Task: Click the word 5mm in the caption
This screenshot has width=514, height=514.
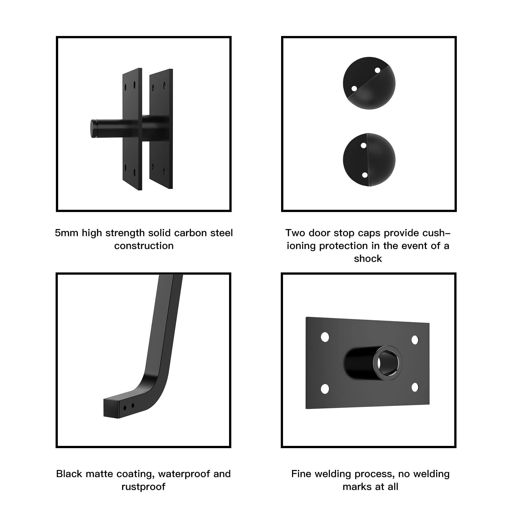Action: coord(66,233)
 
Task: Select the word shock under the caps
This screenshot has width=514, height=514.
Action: coord(368,259)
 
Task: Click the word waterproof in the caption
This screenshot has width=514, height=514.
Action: coord(184,474)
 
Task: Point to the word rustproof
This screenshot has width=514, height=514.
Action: coord(143,487)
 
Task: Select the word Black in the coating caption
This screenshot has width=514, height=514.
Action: coord(69,474)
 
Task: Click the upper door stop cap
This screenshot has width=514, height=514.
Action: coord(369,83)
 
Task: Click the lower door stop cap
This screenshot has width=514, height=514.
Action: coord(369,160)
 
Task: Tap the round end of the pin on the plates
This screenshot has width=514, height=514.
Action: coord(93,129)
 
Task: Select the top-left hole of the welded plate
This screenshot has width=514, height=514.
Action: coord(325,337)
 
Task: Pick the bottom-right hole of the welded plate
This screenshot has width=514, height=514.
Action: coord(415,387)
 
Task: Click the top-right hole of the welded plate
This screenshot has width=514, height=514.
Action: coord(415,340)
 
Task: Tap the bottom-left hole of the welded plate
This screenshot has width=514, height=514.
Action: coord(325,389)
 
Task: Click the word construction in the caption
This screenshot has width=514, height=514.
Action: coord(144,246)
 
